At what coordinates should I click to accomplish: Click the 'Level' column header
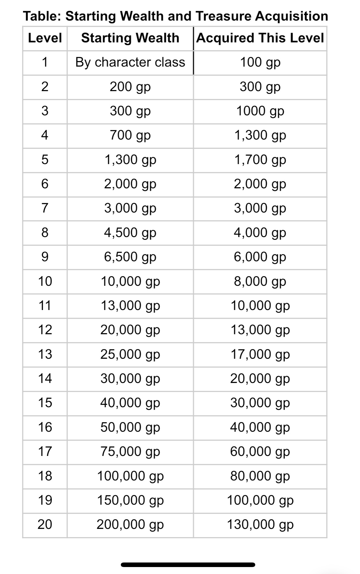pos(45,38)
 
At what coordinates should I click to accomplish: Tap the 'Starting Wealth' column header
pos(130,38)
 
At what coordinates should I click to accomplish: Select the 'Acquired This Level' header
pos(260,38)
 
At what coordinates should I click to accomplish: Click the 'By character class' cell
pos(130,62)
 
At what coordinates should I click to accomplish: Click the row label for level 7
pos(45,208)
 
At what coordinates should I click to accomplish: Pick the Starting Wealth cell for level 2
pos(130,87)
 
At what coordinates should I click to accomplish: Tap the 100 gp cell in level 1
pos(260,62)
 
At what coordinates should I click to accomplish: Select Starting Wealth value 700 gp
pos(130,135)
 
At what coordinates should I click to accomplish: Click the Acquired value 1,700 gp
pos(260,160)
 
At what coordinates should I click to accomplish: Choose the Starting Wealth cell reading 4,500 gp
pos(130,233)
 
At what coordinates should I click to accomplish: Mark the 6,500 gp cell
pos(130,257)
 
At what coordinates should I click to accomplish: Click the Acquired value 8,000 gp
pos(260,282)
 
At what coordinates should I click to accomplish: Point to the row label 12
pos(45,330)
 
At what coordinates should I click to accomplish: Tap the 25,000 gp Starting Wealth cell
pos(130,354)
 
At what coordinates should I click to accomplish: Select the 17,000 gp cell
pos(260,354)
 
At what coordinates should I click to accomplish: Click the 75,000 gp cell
pos(130,451)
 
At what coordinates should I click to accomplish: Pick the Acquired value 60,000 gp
pos(260,451)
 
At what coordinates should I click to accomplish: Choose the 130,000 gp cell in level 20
pos(260,524)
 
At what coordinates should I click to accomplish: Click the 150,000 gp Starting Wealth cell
pos(130,500)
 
